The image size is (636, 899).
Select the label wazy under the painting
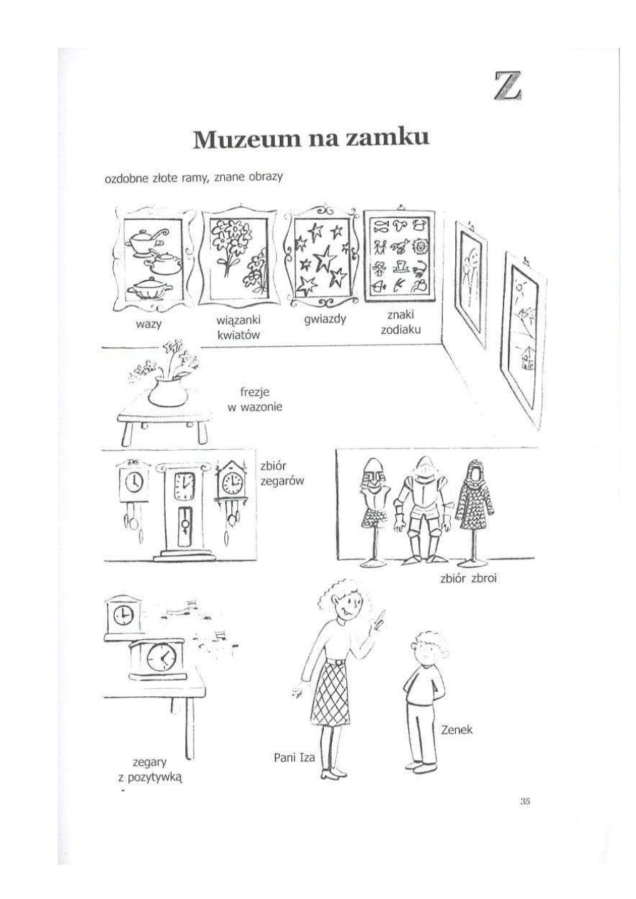pyautogui.click(x=149, y=323)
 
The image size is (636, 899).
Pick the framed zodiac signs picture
pyautogui.click(x=400, y=256)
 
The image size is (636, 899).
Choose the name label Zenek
pyautogui.click(x=457, y=729)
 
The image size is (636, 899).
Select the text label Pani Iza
pyautogui.click(x=294, y=757)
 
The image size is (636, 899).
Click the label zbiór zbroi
pyautogui.click(x=469, y=578)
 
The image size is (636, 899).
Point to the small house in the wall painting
pyautogui.click(x=526, y=357)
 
